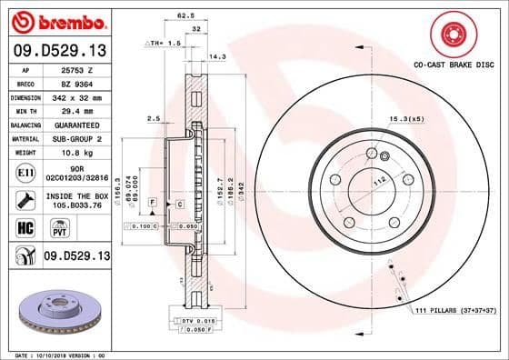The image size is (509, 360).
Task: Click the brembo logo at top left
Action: (56, 21)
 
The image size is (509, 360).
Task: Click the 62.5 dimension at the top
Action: (185, 15)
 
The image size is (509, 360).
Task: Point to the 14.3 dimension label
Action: (217, 56)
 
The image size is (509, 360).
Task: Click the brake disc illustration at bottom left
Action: (56, 311)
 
